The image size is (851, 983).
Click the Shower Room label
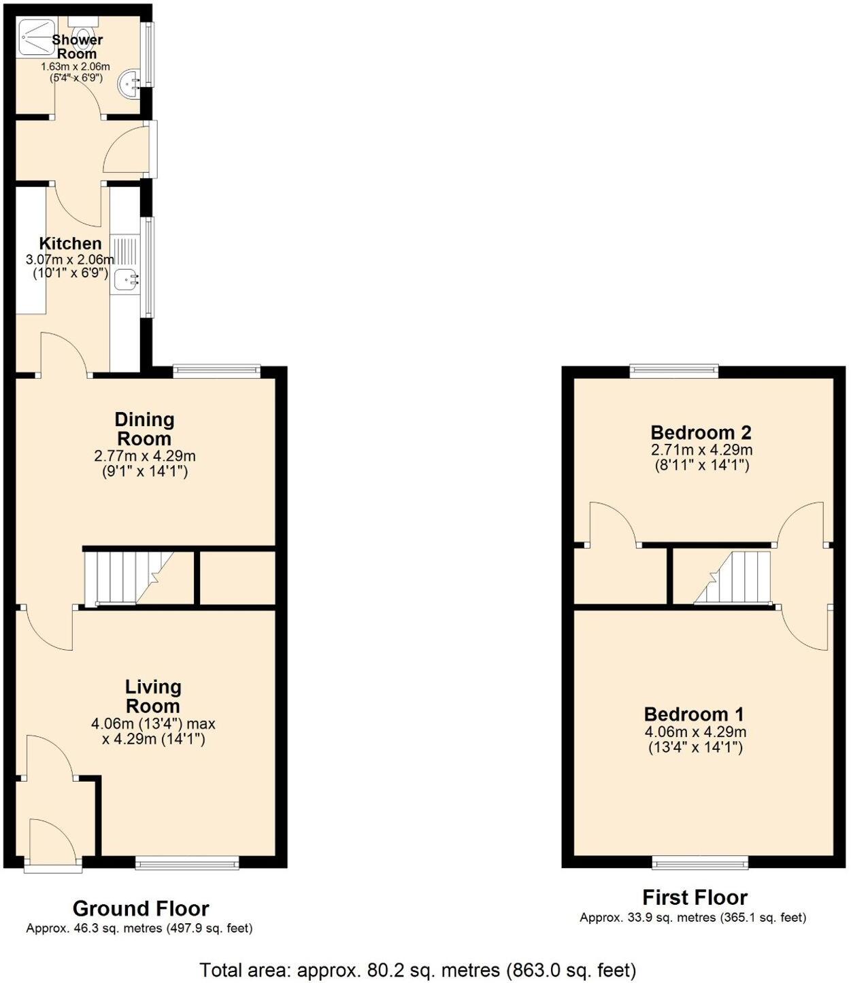(x=77, y=47)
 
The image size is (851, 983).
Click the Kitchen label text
(x=70, y=243)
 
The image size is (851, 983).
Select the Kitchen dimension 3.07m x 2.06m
(x=70, y=259)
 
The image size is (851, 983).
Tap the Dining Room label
(x=144, y=429)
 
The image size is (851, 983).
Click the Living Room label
(x=153, y=696)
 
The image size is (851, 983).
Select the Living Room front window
(x=187, y=863)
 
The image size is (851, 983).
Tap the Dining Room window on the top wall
(x=216, y=370)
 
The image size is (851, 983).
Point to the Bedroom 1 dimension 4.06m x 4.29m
(x=695, y=732)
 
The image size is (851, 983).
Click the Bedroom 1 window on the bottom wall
(x=700, y=863)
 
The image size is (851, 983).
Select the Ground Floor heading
(x=141, y=908)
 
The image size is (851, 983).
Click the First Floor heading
(x=695, y=897)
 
